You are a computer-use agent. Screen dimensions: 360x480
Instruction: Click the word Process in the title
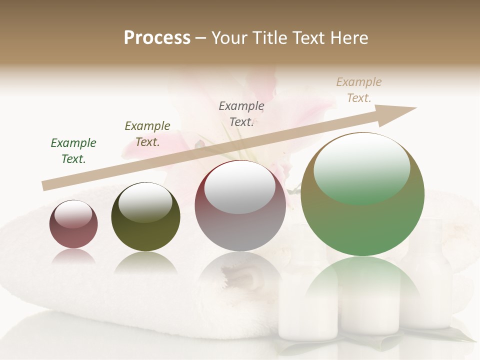pos(157,38)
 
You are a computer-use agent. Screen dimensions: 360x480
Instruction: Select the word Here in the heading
pos(348,38)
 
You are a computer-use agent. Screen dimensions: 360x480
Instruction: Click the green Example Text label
pos(73,151)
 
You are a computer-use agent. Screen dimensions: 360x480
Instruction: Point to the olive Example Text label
pos(147,134)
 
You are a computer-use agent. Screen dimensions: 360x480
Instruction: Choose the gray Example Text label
pos(241,114)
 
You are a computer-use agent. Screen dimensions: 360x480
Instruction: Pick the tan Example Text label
pos(359,90)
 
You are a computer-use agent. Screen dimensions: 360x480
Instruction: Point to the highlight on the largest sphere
pos(361,169)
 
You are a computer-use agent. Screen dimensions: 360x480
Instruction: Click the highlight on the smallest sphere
pos(73,214)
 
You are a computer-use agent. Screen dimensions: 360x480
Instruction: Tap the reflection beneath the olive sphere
pos(145,262)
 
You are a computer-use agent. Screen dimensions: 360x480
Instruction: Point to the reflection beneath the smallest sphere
pos(73,256)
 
